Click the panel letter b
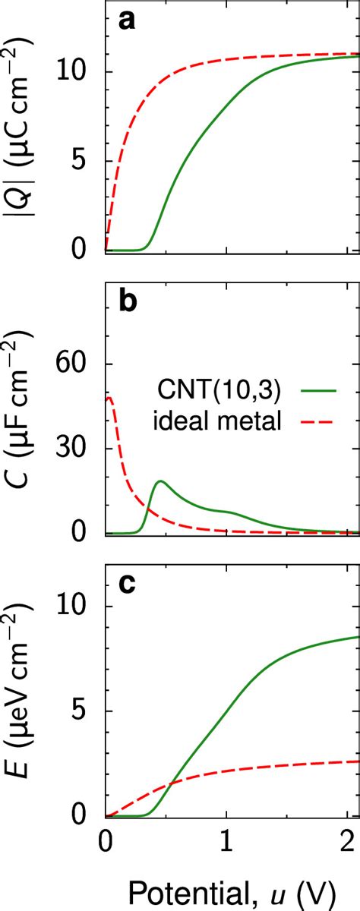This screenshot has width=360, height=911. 128,303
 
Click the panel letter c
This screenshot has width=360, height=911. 127,585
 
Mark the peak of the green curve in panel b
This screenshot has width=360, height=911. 160,481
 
